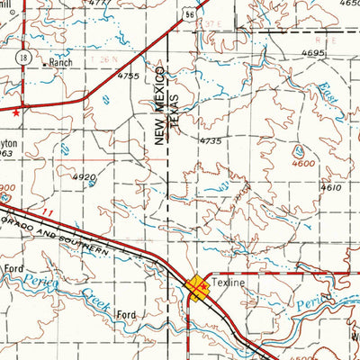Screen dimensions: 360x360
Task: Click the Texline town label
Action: pyautogui.click(x=230, y=282)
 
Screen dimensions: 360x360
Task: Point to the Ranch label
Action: pyautogui.click(x=59, y=64)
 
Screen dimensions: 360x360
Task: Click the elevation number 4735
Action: pyautogui.click(x=210, y=141)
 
